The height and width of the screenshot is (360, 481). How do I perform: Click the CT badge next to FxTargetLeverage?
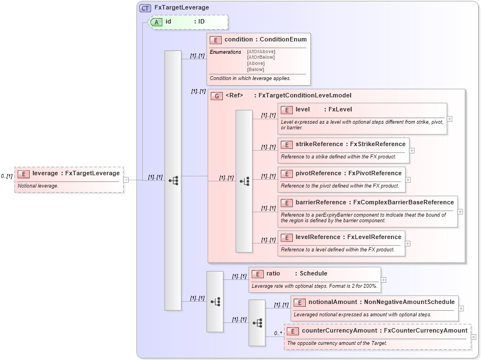click(145, 8)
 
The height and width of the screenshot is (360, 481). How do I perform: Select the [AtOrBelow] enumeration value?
click(260, 57)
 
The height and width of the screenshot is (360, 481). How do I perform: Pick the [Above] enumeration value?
click(255, 63)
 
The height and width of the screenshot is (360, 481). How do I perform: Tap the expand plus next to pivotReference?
click(408, 180)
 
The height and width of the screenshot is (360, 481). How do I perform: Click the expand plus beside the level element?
click(450, 119)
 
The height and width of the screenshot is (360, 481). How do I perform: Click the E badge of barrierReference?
click(287, 203)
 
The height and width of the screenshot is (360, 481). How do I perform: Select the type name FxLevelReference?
click(374, 237)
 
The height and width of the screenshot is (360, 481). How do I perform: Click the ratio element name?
click(273, 273)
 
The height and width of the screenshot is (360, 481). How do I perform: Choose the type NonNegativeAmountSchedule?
click(410, 302)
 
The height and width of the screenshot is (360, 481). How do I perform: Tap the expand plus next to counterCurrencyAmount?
click(474, 336)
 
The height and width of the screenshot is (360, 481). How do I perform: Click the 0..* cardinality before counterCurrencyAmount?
click(278, 333)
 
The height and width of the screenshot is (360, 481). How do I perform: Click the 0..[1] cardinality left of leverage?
click(7, 176)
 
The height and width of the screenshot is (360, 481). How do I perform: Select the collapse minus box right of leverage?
click(126, 180)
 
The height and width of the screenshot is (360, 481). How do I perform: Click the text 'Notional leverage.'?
click(38, 185)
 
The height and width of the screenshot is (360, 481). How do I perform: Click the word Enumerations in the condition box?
click(225, 52)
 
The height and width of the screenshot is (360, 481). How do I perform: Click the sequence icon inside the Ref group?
click(244, 181)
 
